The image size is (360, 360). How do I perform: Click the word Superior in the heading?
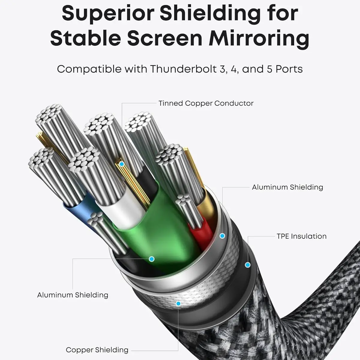107,13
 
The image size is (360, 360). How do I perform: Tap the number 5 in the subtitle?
269,69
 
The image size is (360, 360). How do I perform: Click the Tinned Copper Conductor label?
206,103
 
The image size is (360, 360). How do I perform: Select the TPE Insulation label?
301,236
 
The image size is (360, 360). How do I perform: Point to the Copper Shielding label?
97,350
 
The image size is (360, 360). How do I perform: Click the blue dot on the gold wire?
121,164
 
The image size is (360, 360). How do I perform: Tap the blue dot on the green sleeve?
151,259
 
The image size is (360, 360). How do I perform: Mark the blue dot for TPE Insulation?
247,265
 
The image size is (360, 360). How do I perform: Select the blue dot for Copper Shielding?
178,304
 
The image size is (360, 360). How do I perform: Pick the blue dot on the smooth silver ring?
222,236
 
